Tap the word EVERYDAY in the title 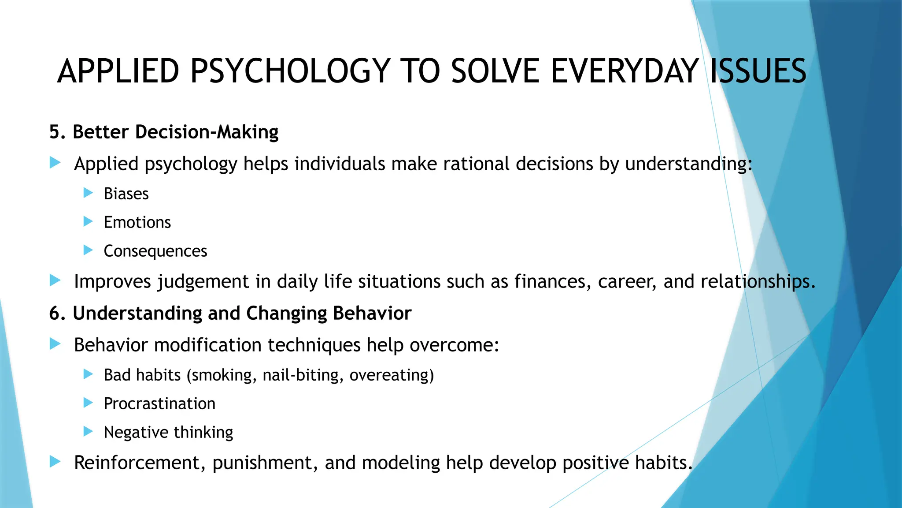[624, 71]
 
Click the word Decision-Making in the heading [207, 132]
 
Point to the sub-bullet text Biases [126, 194]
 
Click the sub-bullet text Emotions [137, 223]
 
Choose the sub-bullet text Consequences [155, 251]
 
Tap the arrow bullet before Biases [88, 193]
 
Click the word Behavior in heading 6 [372, 314]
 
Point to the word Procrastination [159, 404]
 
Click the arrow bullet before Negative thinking [88, 431]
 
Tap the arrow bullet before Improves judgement [55, 280]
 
